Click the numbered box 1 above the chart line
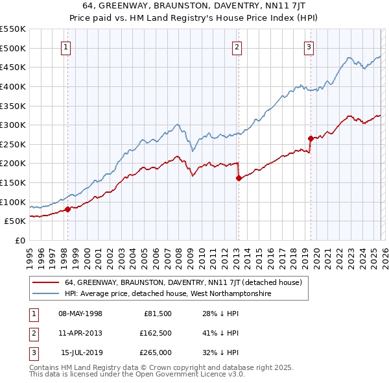click(67, 47)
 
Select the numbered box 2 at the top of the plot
click(237, 47)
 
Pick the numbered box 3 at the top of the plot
click(309, 47)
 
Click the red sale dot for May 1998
click(67, 209)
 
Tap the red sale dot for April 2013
click(239, 178)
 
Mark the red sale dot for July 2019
click(311, 138)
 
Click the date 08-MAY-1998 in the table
click(80, 314)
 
